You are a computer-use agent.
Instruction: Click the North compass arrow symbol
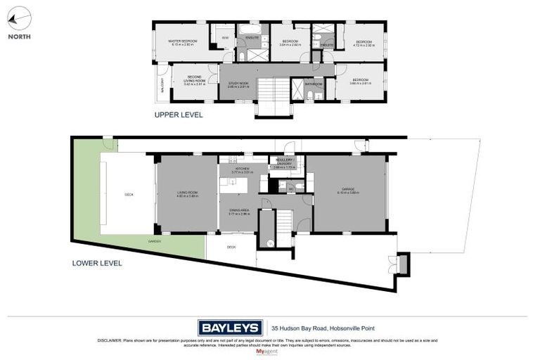tap(21, 16)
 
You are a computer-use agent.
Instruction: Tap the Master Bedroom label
tap(183, 42)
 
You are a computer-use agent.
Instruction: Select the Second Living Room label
tap(188, 81)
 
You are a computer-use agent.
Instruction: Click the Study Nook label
tap(238, 84)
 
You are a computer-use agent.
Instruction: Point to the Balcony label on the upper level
tap(161, 87)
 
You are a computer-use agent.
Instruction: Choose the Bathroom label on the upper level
tap(314, 84)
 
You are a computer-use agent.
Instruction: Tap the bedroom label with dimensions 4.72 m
tap(363, 42)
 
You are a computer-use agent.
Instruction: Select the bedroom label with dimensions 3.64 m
tap(290, 42)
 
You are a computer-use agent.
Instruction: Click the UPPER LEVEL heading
tap(179, 114)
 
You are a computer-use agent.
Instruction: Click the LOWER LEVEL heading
tap(97, 264)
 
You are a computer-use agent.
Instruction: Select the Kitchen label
tap(243, 169)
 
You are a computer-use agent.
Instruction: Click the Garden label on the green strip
tap(154, 241)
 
